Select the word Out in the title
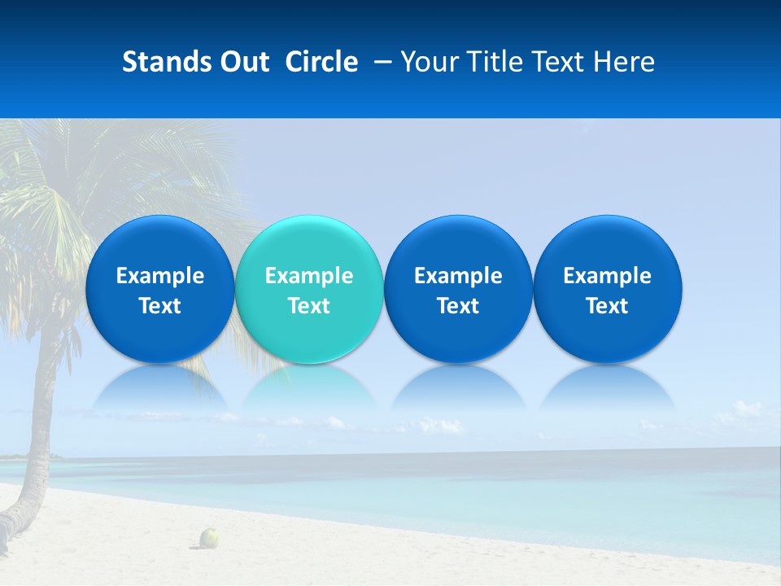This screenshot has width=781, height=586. [242, 62]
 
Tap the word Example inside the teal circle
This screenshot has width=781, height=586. [308, 276]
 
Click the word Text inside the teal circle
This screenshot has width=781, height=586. [308, 306]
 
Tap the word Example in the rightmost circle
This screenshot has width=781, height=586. [607, 276]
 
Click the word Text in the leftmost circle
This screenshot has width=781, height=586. [159, 306]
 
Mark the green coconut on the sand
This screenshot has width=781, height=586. [210, 537]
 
